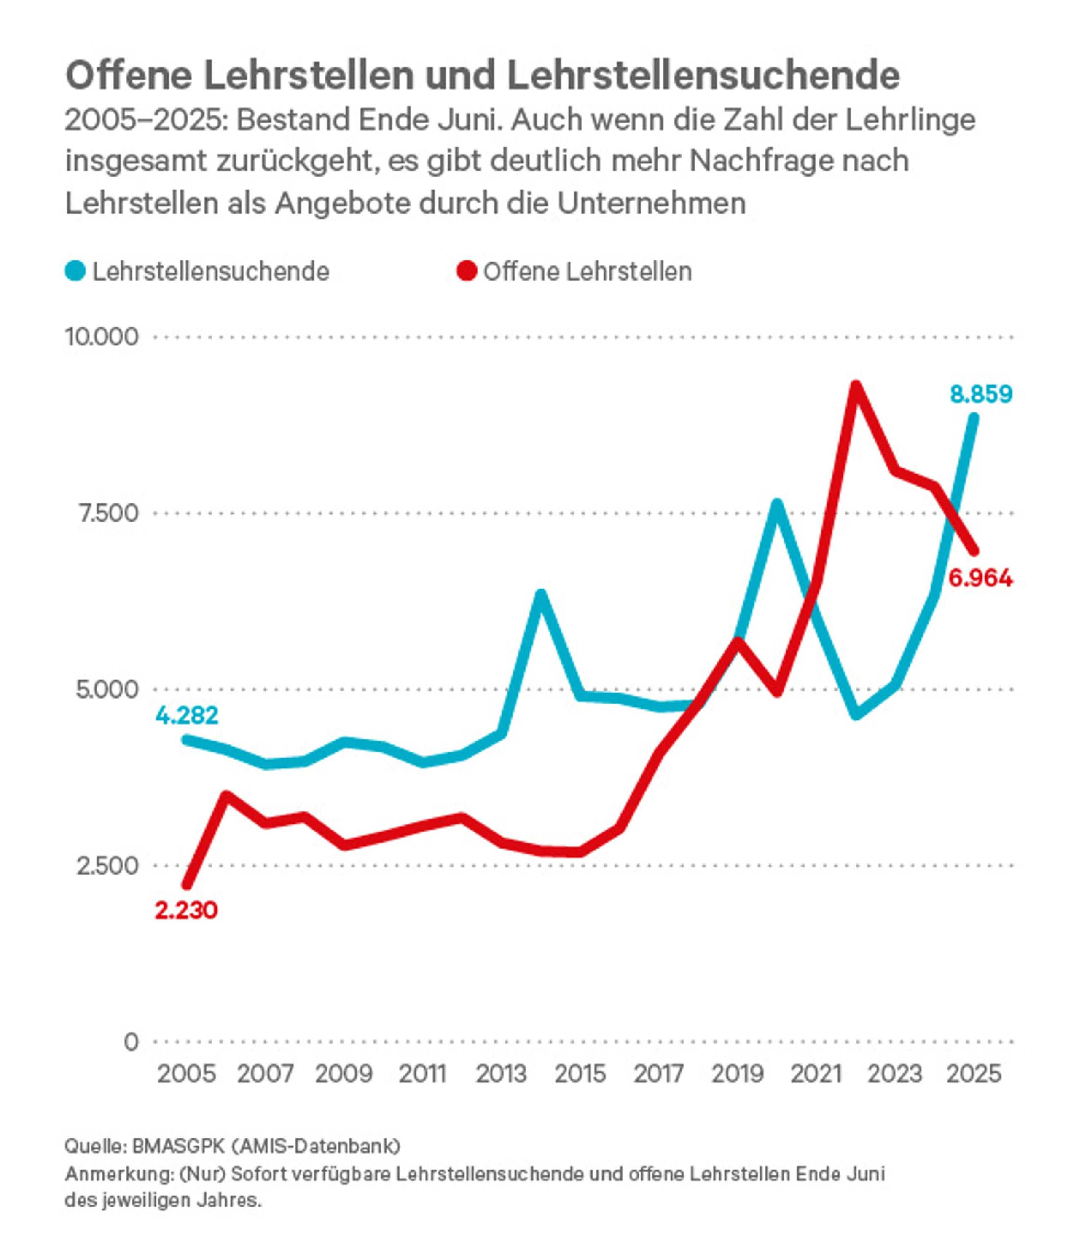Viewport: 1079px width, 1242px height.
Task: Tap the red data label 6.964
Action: (980, 578)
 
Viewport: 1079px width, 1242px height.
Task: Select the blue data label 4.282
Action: (187, 715)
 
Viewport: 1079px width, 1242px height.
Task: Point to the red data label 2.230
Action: (186, 910)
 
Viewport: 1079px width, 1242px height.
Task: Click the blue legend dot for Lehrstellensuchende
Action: (75, 271)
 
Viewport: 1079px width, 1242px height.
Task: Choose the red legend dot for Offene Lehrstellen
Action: (467, 271)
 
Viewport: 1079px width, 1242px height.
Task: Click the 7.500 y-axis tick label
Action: (108, 513)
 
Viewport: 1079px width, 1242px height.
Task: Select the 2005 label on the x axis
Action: (187, 1074)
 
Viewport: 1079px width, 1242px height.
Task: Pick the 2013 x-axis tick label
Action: (501, 1074)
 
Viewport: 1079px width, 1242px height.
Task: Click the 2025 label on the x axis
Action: (974, 1074)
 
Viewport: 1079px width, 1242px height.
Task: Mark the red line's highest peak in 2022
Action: (856, 385)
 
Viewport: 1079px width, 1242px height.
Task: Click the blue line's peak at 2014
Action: (541, 594)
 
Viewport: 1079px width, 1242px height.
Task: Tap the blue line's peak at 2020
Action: (777, 503)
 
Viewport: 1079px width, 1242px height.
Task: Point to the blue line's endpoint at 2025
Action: (974, 418)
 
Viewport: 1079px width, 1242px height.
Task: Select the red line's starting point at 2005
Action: (187, 885)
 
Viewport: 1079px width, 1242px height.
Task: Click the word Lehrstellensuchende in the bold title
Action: (703, 76)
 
